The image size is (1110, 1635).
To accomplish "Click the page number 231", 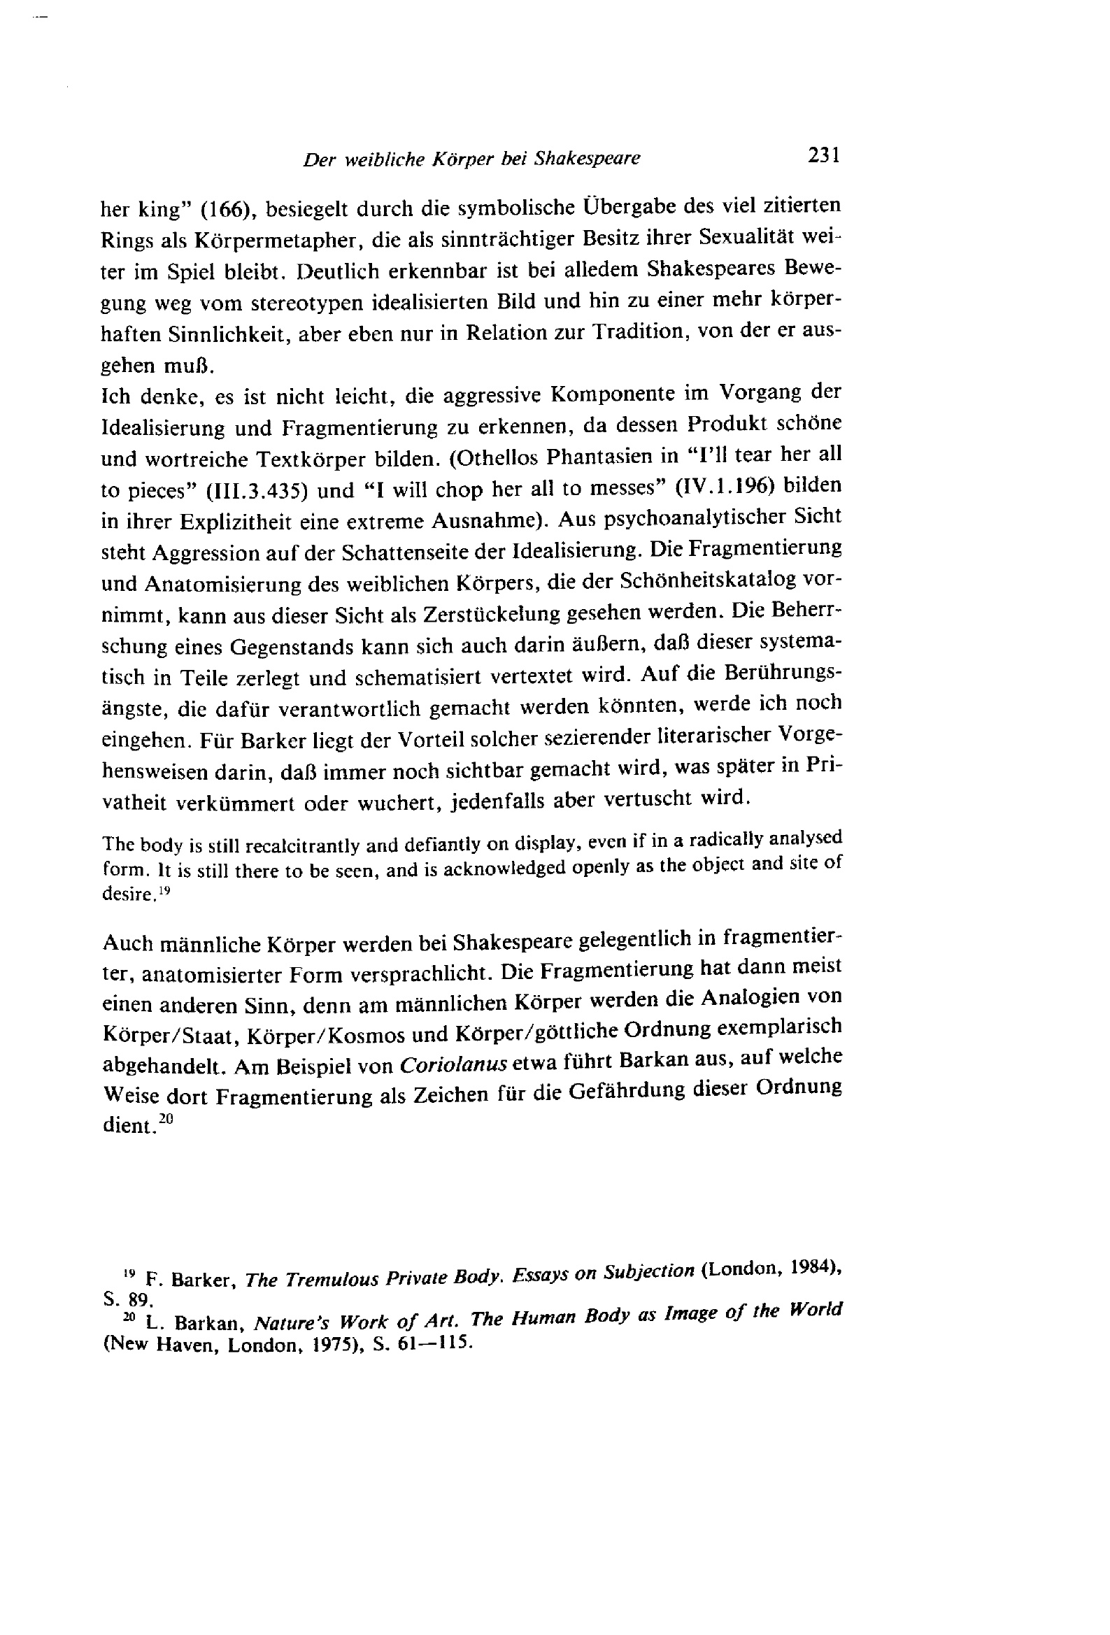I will click(x=823, y=155).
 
